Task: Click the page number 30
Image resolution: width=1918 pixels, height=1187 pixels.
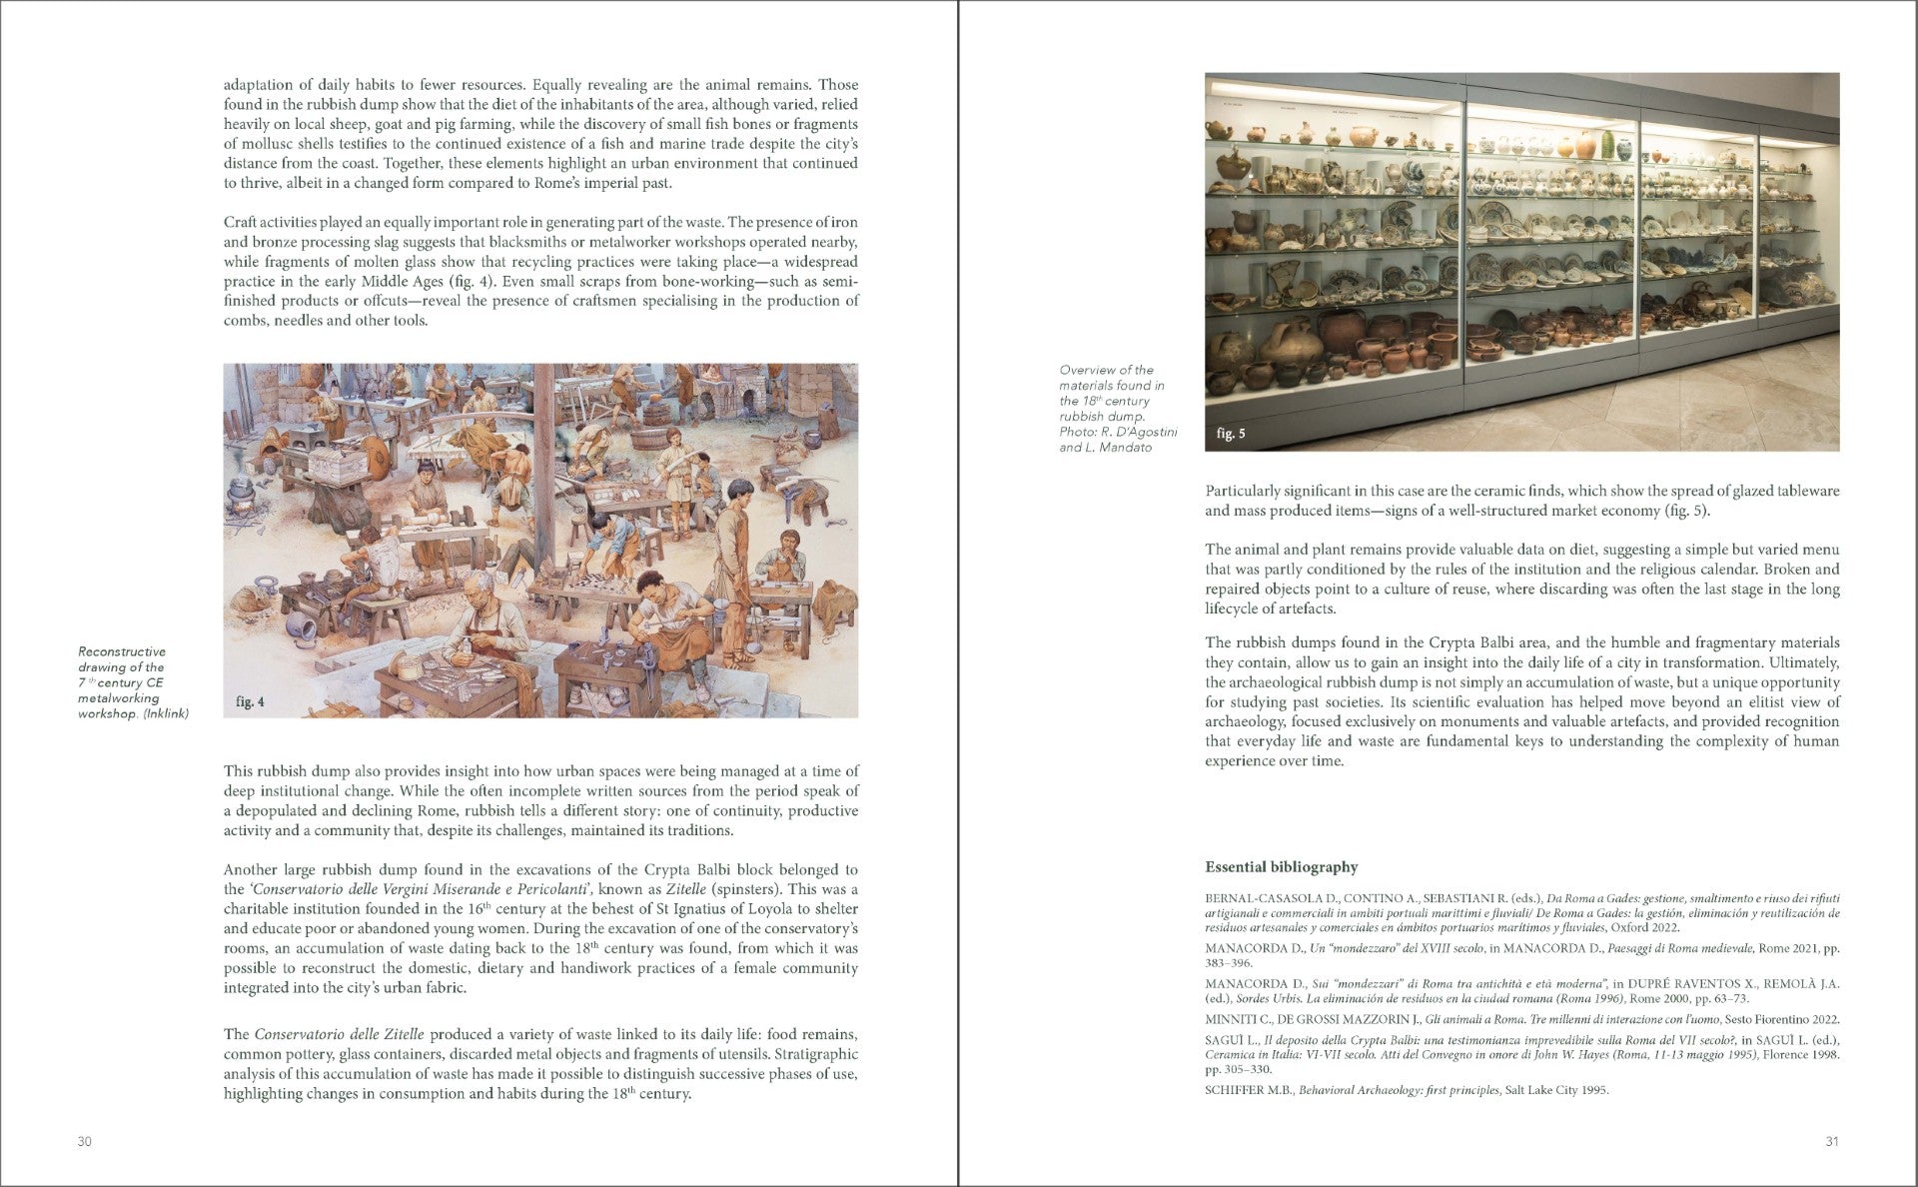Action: pyautogui.click(x=84, y=1141)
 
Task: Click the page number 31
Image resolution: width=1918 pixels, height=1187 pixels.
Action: pyautogui.click(x=1831, y=1141)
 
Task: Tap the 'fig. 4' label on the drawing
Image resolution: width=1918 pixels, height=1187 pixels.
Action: pyautogui.click(x=250, y=701)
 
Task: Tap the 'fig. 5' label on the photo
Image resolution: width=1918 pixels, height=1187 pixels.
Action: pyautogui.click(x=1231, y=434)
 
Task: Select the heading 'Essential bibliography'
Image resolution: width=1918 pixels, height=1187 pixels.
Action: pyautogui.click(x=1281, y=867)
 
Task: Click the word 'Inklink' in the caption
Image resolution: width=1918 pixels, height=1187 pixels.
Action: pyautogui.click(x=166, y=713)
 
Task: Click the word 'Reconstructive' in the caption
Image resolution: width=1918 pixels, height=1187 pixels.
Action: pyautogui.click(x=122, y=651)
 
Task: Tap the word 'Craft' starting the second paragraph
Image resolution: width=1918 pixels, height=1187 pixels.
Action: pyautogui.click(x=242, y=222)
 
